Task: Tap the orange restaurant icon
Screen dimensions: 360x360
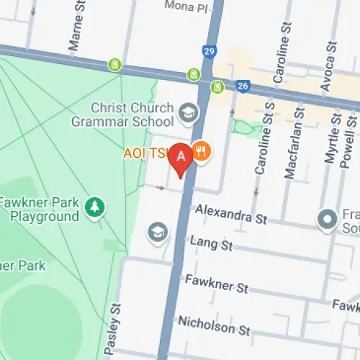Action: point(201,152)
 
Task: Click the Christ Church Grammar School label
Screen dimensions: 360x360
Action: point(122,115)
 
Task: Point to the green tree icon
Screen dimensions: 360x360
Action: point(94,209)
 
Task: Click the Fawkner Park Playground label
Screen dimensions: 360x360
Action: point(40,209)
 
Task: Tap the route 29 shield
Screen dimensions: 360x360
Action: point(210,53)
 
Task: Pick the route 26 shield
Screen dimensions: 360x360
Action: point(243,86)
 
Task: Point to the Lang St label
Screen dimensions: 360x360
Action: point(211,245)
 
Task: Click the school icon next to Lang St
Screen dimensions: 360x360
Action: point(156,232)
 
